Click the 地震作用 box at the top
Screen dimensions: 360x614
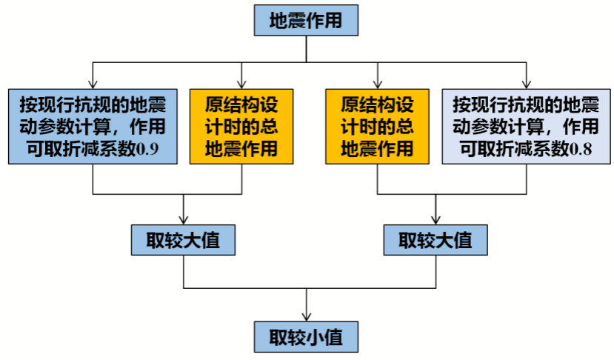pyautogui.click(x=306, y=20)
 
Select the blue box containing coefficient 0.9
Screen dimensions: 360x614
pyautogui.click(x=93, y=125)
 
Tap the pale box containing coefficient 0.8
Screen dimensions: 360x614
pyautogui.click(x=525, y=125)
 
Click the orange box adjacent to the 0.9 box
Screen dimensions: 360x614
pyautogui.click(x=241, y=125)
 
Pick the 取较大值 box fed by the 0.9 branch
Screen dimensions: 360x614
pyautogui.click(x=184, y=240)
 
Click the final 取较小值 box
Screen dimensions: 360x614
pyautogui.click(x=306, y=336)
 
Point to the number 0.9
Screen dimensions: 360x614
pyautogui.click(x=145, y=148)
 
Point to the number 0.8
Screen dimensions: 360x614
pyautogui.click(x=580, y=148)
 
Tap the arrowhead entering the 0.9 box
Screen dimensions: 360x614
pyautogui.click(x=93, y=83)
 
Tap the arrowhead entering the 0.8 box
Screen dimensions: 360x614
pyautogui.click(x=526, y=83)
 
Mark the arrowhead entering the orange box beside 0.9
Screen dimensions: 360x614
pyautogui.click(x=241, y=83)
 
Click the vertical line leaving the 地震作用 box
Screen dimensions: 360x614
pyautogui.click(x=306, y=48)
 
